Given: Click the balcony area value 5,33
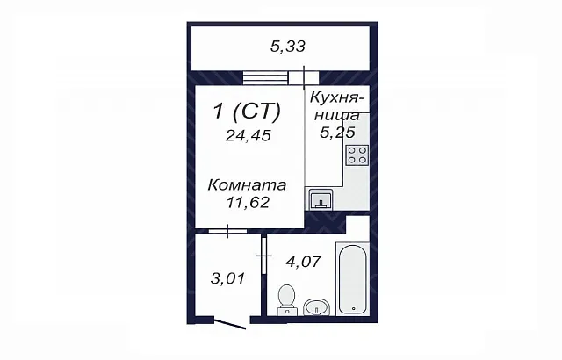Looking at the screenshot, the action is pos(288,47).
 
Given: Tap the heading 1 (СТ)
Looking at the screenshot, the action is pos(247,111).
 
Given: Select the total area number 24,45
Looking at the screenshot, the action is pos(248,135).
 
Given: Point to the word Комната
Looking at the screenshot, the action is pos(247,185).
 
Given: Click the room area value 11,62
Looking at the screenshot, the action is pos(248,203).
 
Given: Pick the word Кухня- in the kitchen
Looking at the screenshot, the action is pos(337,97).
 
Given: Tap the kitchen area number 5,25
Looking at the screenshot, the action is pos(337,133).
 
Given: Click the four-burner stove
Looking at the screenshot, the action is pos(357,155).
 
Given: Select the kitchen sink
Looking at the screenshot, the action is pos(321,199).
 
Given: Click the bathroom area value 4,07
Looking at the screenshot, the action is pos(303,261).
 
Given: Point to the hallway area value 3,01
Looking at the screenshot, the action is pos(227,278).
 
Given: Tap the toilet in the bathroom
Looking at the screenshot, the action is pos(287,299).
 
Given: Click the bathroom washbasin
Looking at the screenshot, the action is pos(316,307).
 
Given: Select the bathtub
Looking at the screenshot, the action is pos(353,279).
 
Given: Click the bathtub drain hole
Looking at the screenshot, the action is pos(353,308).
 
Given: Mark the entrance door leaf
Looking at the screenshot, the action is pos(230,322).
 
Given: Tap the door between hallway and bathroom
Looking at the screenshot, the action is pos(264,256).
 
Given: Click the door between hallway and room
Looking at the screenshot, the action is pos(228,231).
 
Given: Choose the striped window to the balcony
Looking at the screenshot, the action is pos(265,78).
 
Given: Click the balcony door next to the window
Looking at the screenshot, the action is pos(304,78).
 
